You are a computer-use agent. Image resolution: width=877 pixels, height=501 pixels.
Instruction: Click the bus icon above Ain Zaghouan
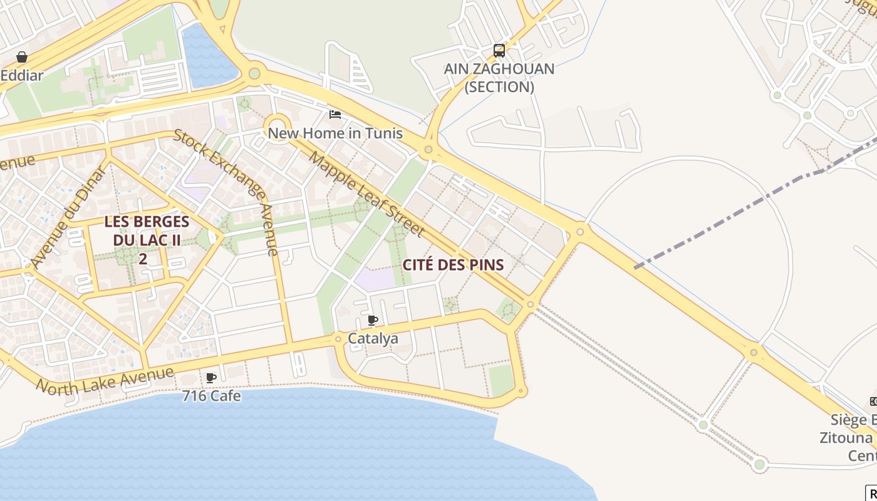pyautogui.click(x=499, y=50)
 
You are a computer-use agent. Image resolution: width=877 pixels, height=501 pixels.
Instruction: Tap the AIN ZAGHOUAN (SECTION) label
pyautogui.click(x=499, y=78)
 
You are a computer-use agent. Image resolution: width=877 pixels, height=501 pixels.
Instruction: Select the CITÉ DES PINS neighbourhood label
pyautogui.click(x=453, y=265)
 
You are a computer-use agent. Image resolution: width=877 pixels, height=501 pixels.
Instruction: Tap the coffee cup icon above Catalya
pyautogui.click(x=373, y=321)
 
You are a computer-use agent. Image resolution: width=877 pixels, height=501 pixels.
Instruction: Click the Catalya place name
pyautogui.click(x=373, y=339)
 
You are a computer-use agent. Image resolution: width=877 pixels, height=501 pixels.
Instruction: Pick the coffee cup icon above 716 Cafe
pyautogui.click(x=211, y=378)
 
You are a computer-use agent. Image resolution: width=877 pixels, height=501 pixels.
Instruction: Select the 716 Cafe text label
pyautogui.click(x=211, y=396)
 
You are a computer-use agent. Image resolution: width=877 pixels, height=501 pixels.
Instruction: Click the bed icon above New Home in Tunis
pyautogui.click(x=335, y=115)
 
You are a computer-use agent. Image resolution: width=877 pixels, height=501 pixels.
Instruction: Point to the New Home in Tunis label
pyautogui.click(x=335, y=133)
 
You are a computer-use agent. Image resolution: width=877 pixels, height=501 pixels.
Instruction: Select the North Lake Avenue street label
pyautogui.click(x=105, y=381)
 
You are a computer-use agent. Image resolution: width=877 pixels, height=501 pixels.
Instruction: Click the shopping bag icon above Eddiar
pyautogui.click(x=22, y=57)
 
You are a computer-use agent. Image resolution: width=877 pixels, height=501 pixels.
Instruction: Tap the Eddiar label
pyautogui.click(x=22, y=76)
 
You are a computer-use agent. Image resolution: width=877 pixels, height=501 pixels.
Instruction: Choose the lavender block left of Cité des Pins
pyautogui.click(x=376, y=279)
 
